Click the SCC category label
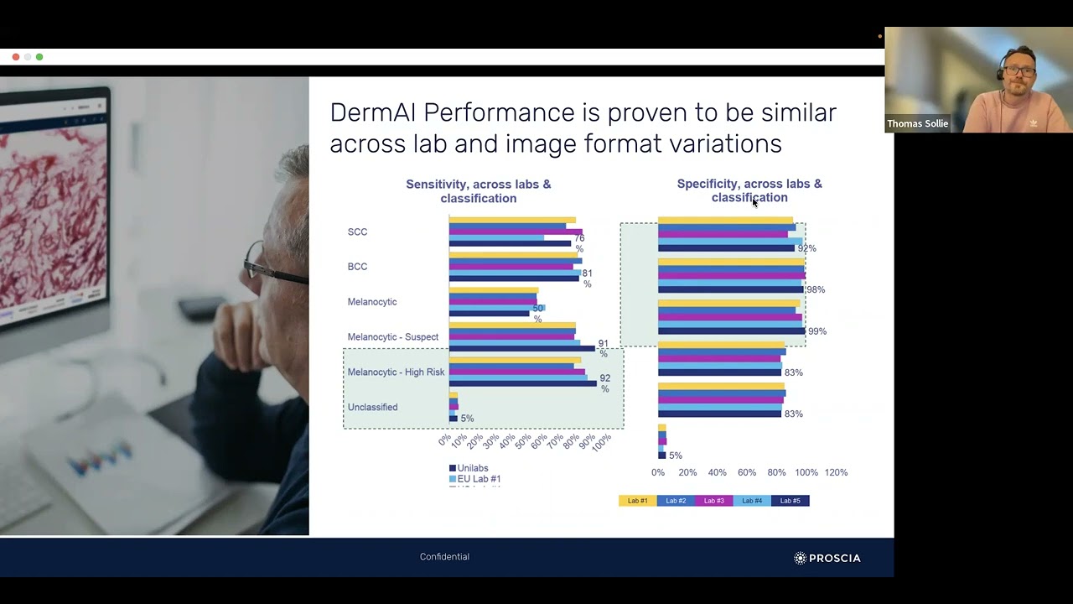pyautogui.click(x=357, y=232)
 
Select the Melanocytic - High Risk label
pyautogui.click(x=396, y=372)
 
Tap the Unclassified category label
pyautogui.click(x=372, y=408)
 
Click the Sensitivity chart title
pyautogui.click(x=478, y=191)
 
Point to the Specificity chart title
pyautogui.click(x=749, y=190)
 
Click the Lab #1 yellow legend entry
pyautogui.click(x=637, y=501)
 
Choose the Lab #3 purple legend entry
pyautogui.click(x=713, y=501)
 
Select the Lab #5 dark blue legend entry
pyautogui.click(x=790, y=501)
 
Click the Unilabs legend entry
pyautogui.click(x=472, y=468)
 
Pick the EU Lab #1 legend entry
pyautogui.click(x=478, y=479)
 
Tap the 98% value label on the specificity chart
pyautogui.click(x=816, y=290)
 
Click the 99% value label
pyautogui.click(x=817, y=331)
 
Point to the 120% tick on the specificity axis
pyautogui.click(x=836, y=473)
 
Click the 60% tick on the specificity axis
pyautogui.click(x=747, y=473)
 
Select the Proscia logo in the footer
pyautogui.click(x=827, y=558)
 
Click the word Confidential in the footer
pyautogui.click(x=444, y=557)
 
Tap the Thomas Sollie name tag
pyautogui.click(x=917, y=123)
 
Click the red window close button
pyautogui.click(x=16, y=57)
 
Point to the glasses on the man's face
pyautogui.click(x=268, y=267)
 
